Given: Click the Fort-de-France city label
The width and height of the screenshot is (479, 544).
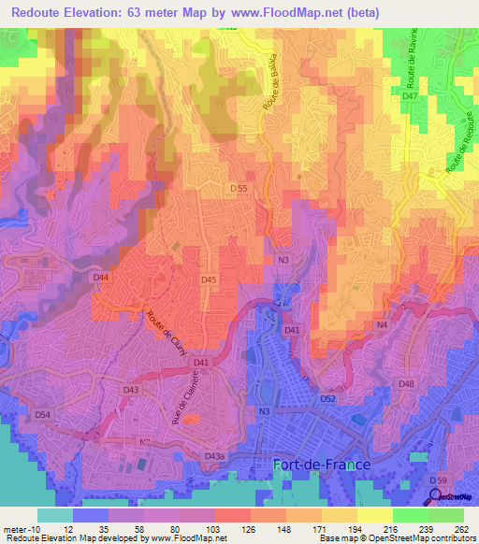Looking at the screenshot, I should pyautogui.click(x=321, y=464).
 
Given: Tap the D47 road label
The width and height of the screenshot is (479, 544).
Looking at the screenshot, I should pyautogui.click(x=410, y=97).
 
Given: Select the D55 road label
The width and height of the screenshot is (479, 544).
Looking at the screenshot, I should pyautogui.click(x=239, y=188).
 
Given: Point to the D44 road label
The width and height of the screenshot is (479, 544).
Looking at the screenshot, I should pyautogui.click(x=101, y=279).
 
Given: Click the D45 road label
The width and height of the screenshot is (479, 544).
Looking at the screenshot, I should pyautogui.click(x=210, y=279).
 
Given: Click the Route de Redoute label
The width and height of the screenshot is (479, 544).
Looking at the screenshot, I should pyautogui.click(x=456, y=150).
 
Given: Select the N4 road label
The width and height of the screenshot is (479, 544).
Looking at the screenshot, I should pyautogui.click(x=382, y=325).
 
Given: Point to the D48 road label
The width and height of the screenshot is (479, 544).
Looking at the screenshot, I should pyautogui.click(x=406, y=384).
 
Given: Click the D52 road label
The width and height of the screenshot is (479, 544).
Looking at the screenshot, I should pyautogui.click(x=327, y=399).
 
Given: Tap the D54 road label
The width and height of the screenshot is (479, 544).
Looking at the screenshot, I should pyautogui.click(x=43, y=414).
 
